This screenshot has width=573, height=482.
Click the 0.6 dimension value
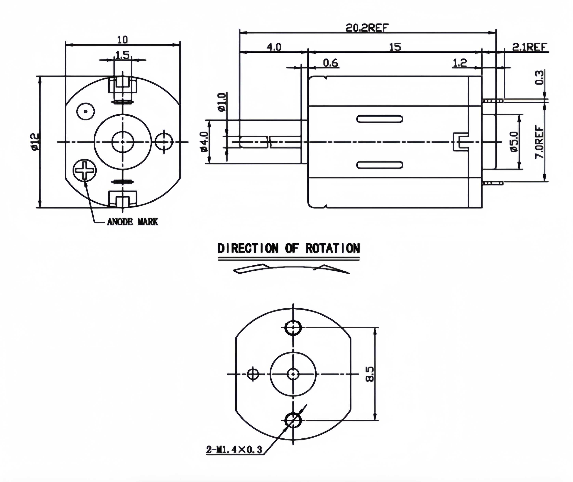(x=330, y=63)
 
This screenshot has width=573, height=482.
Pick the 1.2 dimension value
(x=460, y=63)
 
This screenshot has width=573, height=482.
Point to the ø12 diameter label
(x=35, y=142)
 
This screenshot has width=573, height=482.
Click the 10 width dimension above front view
(x=123, y=40)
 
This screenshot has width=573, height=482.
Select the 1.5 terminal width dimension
(x=123, y=55)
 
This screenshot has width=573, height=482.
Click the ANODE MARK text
(x=132, y=222)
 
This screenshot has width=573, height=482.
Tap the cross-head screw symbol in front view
(x=85, y=170)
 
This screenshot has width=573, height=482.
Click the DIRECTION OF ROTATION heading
(x=288, y=248)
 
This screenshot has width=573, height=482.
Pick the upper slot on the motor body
(x=380, y=119)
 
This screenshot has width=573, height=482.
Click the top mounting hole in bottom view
(x=293, y=327)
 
